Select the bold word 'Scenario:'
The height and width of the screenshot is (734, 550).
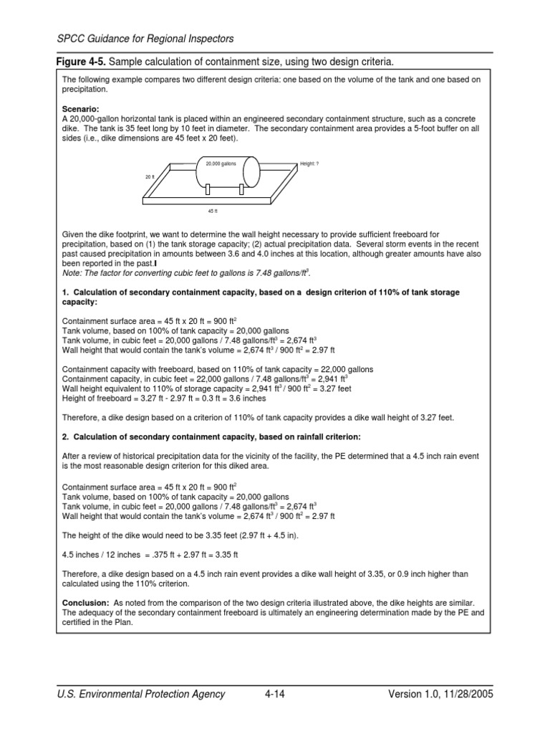[x=80, y=110]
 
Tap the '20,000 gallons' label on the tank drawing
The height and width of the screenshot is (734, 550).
[x=220, y=164]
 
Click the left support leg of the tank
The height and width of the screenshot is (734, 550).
[x=206, y=190]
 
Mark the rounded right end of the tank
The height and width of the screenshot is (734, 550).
[x=253, y=171]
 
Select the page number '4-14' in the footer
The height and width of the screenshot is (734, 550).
[x=274, y=694]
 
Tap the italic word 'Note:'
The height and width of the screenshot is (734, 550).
[x=72, y=274]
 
